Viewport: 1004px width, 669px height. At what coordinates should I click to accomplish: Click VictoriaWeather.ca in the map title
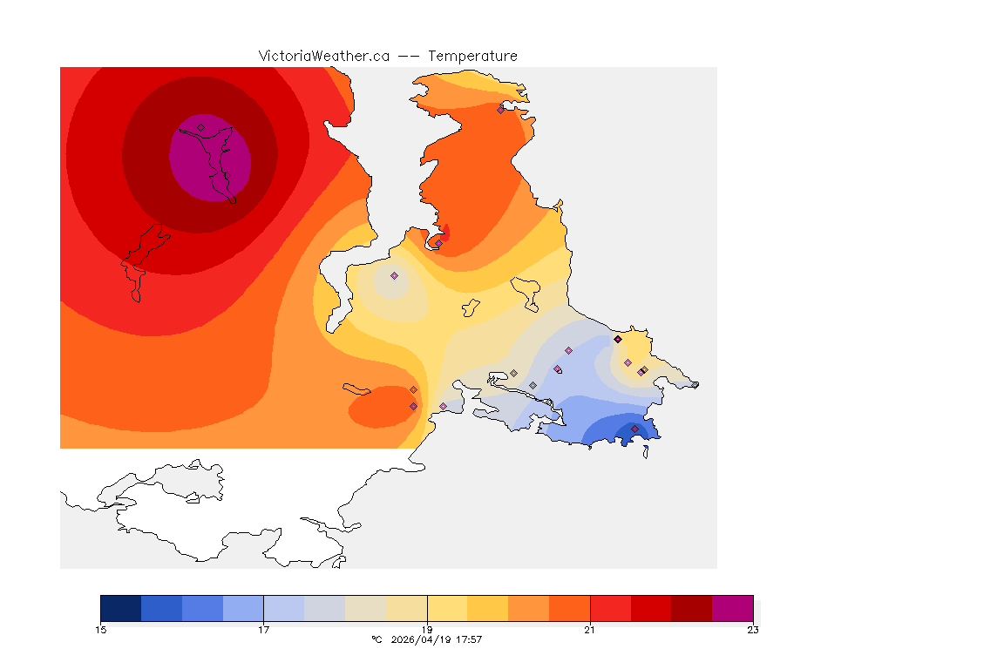pyautogui.click(x=323, y=56)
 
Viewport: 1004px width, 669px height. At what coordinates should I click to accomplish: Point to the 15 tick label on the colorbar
pyautogui.click(x=101, y=630)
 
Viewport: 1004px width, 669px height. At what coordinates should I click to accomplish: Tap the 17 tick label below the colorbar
pyautogui.click(x=263, y=630)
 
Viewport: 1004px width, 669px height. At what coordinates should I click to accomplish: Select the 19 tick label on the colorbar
pyautogui.click(x=427, y=630)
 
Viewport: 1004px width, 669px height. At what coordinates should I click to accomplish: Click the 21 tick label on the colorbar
pyautogui.click(x=590, y=630)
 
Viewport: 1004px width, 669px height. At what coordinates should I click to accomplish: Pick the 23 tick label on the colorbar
pyautogui.click(x=752, y=630)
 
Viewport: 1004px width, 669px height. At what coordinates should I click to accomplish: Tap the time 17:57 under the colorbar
pyautogui.click(x=470, y=639)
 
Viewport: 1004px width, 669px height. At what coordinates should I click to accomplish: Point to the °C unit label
pyautogui.click(x=376, y=639)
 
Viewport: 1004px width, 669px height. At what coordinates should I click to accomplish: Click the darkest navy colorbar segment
pyautogui.click(x=121, y=607)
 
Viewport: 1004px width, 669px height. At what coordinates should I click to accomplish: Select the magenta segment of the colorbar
pyautogui.click(x=732, y=607)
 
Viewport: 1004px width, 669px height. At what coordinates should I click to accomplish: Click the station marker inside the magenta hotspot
pyautogui.click(x=201, y=127)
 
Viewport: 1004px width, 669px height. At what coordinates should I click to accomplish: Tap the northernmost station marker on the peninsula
pyautogui.click(x=500, y=110)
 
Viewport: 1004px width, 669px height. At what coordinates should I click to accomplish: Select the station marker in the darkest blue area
pyautogui.click(x=634, y=429)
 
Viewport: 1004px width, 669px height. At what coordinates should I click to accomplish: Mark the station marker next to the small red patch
pyautogui.click(x=438, y=243)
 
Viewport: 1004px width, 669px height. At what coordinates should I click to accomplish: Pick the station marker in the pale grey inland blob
pyautogui.click(x=394, y=275)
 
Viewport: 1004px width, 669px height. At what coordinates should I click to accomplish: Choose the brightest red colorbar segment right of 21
pyautogui.click(x=610, y=607)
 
